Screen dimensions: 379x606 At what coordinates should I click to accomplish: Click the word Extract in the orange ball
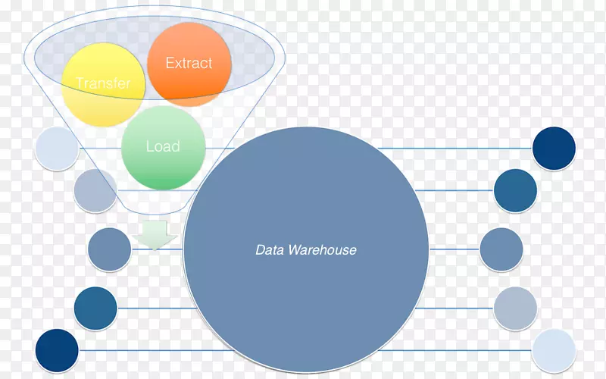189,63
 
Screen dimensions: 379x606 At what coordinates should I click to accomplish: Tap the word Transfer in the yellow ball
103,83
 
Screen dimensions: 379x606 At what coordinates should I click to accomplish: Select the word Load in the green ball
162,146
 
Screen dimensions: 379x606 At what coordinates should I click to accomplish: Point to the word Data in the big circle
270,249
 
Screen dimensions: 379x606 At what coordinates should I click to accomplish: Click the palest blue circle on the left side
56,148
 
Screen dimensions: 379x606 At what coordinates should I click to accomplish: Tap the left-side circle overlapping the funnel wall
95,189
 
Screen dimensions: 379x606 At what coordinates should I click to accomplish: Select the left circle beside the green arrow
109,249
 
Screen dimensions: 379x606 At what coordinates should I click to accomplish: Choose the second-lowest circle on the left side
95,308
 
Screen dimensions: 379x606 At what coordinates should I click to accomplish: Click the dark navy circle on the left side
57,350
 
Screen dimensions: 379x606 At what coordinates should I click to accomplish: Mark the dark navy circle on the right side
554,148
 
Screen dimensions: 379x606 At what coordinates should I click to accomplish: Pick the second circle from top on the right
515,190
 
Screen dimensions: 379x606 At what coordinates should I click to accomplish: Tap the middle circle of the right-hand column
501,249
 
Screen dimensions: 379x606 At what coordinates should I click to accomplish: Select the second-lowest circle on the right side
515,308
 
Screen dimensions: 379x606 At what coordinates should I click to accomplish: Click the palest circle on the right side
554,350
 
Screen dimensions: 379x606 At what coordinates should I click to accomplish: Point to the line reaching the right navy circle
454,149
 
